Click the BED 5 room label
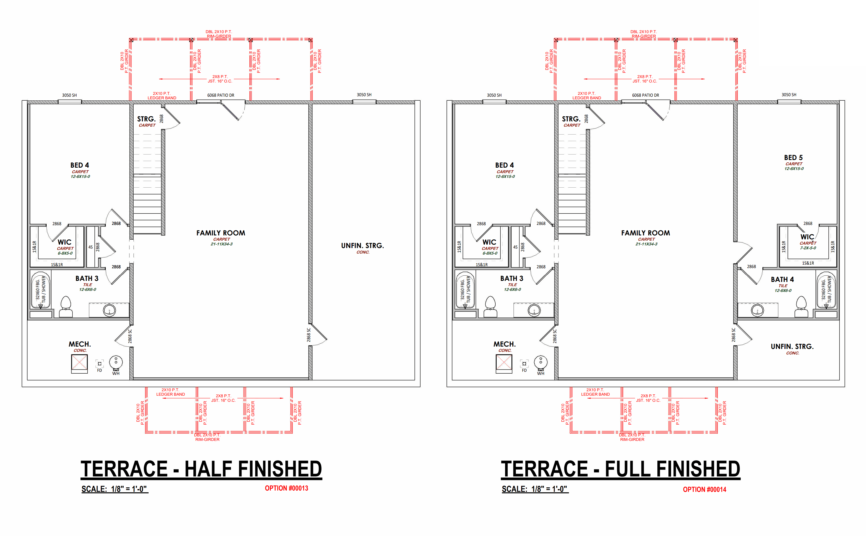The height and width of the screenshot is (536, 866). tap(793, 157)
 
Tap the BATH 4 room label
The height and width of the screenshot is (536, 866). tap(782, 279)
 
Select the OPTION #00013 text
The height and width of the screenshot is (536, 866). tap(286, 488)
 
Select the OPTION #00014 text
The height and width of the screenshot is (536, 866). tap(704, 489)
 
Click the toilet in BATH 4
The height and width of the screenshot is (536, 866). tap(801, 307)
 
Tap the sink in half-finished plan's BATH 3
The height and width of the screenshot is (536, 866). tap(109, 311)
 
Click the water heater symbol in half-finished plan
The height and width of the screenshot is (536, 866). tap(116, 363)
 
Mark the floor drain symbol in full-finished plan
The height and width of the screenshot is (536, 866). tap(524, 363)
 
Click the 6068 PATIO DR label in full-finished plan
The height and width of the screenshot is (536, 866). tap(645, 95)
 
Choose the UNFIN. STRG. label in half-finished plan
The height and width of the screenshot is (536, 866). tap(362, 246)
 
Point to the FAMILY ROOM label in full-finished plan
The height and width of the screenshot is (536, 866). tap(645, 233)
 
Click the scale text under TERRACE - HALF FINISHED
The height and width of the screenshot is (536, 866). tap(114, 489)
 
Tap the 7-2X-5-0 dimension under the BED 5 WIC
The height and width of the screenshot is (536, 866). tap(808, 248)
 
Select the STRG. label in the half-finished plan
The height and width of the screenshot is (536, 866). tap(146, 119)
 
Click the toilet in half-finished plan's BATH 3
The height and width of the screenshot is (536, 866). tap(66, 307)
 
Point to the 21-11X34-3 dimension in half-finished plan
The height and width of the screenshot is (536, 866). tap(221, 244)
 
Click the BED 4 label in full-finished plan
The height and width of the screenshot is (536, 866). tap(504, 165)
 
